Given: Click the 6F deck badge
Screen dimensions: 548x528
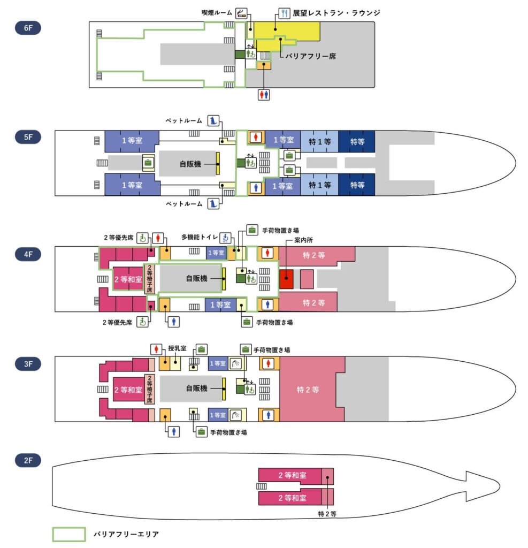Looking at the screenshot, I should (x=28, y=28).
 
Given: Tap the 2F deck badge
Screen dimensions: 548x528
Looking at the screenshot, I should (x=28, y=460).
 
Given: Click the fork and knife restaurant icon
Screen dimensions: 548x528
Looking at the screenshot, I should (x=284, y=13).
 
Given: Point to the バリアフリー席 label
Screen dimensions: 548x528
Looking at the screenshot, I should (x=310, y=56).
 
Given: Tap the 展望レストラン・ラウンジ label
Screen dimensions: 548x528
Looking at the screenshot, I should (x=336, y=13).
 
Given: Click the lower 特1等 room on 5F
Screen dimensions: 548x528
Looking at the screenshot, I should (x=319, y=185).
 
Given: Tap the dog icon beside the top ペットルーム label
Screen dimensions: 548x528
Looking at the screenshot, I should (x=213, y=121).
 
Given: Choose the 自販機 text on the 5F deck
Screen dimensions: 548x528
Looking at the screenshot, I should (x=190, y=163).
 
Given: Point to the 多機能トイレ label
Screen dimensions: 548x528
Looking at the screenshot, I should (x=201, y=237).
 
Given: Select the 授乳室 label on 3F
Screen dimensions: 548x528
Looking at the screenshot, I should (x=177, y=348).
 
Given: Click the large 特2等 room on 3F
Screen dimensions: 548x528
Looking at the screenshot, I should (x=308, y=390).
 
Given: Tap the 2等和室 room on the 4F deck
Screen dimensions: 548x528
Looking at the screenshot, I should (x=127, y=278).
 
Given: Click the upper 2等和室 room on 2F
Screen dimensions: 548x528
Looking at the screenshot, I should (x=292, y=475).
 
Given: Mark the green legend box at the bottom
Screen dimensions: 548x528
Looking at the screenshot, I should (x=68, y=534).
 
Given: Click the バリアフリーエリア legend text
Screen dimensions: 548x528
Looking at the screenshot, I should (x=126, y=534).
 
